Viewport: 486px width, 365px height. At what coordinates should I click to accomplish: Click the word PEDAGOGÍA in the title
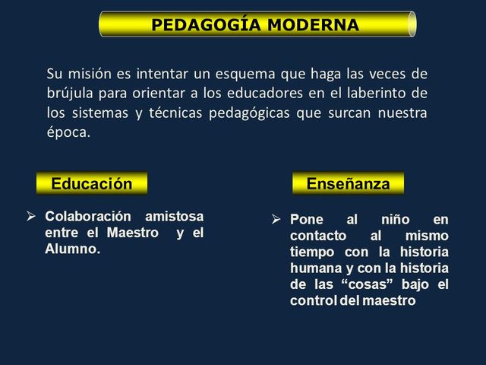pos(198,25)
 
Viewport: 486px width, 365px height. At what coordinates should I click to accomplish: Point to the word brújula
pos(69,94)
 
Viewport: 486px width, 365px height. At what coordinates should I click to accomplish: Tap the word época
pos(68,132)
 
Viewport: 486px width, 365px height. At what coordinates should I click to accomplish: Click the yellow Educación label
pos(91,183)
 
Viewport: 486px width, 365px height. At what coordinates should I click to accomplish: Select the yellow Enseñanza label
pos(348,183)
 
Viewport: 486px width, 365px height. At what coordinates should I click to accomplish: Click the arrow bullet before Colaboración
pos(32,217)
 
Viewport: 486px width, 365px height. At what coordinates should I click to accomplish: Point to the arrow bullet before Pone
pos(277,219)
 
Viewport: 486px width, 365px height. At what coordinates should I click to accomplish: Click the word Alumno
pos(72,249)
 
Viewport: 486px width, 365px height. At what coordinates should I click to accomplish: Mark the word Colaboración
pos(88,217)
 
